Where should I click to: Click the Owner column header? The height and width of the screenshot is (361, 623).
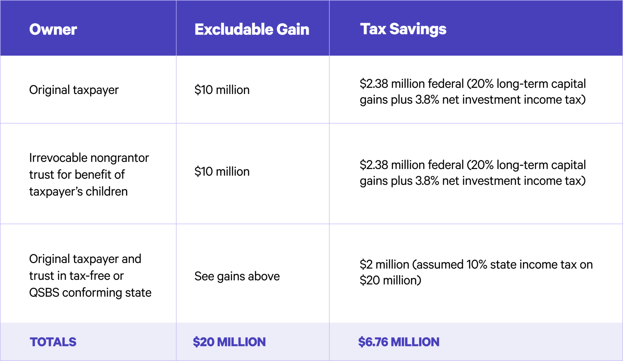point(53,30)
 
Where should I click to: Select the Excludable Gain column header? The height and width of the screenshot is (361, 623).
point(252,30)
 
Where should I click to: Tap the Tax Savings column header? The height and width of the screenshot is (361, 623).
point(403,29)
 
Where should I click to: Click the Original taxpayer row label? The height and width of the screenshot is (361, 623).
point(74,90)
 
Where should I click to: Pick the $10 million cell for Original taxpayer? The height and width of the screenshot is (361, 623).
point(222,90)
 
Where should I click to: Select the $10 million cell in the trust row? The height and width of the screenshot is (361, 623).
point(222,172)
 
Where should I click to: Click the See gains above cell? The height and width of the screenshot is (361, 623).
point(237,276)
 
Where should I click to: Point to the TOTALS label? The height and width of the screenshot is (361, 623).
point(53,342)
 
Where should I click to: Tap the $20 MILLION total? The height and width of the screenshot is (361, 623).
point(229,342)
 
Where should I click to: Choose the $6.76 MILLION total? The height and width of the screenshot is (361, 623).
point(399,342)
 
